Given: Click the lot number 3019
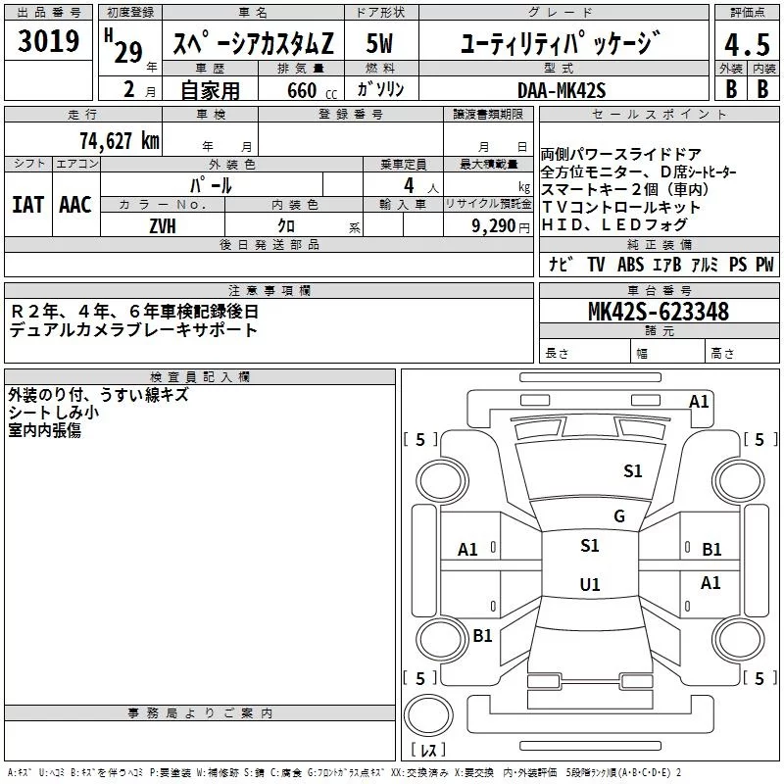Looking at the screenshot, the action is (x=49, y=42).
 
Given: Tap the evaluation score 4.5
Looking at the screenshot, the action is (x=742, y=44).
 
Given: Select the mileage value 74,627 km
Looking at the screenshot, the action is (x=120, y=141).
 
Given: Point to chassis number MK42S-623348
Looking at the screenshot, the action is (x=658, y=313).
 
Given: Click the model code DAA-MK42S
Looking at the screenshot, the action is (x=563, y=90).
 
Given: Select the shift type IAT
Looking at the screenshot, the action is (x=28, y=205).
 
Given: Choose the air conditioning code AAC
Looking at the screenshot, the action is (x=75, y=205).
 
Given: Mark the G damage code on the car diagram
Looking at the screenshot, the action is (x=618, y=516).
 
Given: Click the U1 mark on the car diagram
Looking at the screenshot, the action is (x=589, y=585).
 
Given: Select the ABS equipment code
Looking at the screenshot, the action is (x=630, y=265).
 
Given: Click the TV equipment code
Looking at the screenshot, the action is (x=596, y=265).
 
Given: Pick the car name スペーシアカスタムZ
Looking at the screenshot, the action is (x=253, y=44).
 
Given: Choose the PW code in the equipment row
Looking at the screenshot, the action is (x=764, y=265).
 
